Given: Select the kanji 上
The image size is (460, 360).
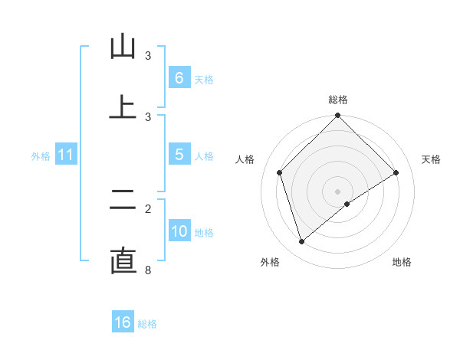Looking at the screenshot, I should pyautogui.click(x=123, y=107).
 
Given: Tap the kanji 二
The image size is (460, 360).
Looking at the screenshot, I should pyautogui.click(x=123, y=200).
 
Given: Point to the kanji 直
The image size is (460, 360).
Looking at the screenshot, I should pyautogui.click(x=123, y=260).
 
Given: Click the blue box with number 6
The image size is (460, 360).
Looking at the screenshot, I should pyautogui.click(x=179, y=77).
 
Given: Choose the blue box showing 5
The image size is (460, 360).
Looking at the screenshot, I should pyautogui.click(x=179, y=155).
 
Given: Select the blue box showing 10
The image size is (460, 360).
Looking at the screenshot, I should pyautogui.click(x=179, y=231).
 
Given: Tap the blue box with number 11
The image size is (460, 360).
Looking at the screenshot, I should pyautogui.click(x=65, y=155).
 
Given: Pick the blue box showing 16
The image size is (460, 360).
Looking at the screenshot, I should pyautogui.click(x=123, y=322).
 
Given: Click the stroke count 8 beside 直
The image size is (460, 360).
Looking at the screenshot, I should pyautogui.click(x=148, y=270).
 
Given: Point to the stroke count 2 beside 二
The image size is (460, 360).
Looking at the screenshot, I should pyautogui.click(x=148, y=208).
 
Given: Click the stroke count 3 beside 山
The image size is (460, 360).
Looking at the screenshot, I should pyautogui.click(x=148, y=56).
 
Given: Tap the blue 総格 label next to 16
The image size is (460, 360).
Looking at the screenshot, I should pyautogui.click(x=147, y=324).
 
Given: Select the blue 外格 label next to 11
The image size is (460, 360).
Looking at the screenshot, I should pyautogui.click(x=41, y=156).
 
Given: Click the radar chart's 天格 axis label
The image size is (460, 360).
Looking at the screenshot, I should pyautogui.click(x=432, y=159).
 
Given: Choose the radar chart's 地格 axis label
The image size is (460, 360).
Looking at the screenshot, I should pyautogui.click(x=402, y=262).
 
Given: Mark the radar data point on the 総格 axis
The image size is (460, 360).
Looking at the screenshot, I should pyautogui.click(x=337, y=116).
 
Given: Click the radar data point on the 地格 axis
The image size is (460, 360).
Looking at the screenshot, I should pyautogui.click(x=347, y=204).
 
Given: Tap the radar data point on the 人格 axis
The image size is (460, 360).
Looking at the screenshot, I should pyautogui.click(x=280, y=172).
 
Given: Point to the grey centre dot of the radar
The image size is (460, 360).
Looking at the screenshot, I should pyautogui.click(x=337, y=191).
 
